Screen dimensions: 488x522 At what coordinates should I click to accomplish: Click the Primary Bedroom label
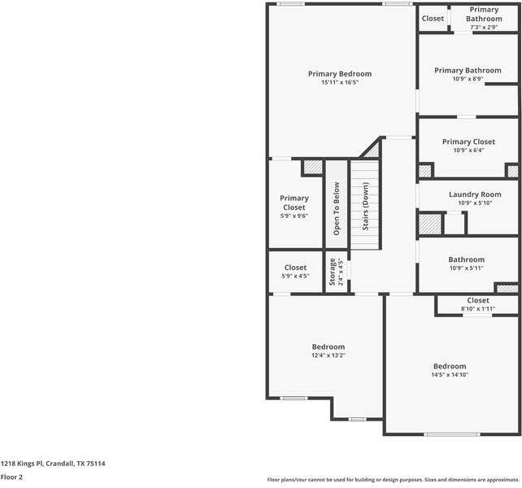339,74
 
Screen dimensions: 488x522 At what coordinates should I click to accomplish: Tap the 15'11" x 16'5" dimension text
339,83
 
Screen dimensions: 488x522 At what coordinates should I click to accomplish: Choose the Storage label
332,272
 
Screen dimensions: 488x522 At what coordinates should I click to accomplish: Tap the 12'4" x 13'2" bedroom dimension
328,355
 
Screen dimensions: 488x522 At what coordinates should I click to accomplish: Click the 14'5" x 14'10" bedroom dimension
449,375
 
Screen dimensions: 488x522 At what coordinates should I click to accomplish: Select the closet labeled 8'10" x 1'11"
477,309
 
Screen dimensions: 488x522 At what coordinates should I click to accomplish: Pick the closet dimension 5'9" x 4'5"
294,277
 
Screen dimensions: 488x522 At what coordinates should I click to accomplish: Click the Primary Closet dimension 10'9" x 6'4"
468,150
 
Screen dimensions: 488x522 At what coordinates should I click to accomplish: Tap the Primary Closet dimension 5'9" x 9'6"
294,216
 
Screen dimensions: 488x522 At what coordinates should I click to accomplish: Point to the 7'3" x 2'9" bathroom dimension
483,28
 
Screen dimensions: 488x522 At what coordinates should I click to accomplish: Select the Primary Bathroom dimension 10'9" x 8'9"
468,80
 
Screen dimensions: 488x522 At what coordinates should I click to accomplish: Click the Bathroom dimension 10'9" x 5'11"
466,268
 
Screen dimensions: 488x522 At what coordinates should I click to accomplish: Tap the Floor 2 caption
11,477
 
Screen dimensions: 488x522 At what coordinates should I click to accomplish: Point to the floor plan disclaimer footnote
393,479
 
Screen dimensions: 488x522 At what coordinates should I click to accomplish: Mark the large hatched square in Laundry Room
429,224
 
